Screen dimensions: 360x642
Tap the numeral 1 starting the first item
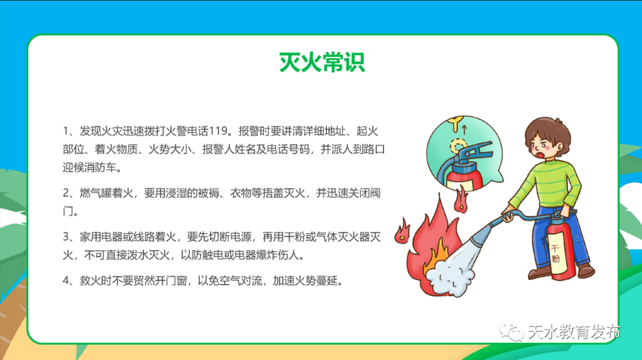pos(65,131)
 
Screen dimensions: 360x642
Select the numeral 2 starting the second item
pos(66,193)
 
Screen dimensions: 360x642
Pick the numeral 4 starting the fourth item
pos(66,280)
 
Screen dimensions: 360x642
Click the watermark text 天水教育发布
pos(574,331)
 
